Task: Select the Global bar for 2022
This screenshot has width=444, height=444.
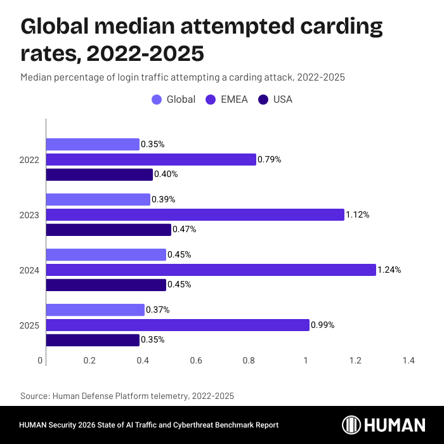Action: point(93,145)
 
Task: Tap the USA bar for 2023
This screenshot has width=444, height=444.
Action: point(108,230)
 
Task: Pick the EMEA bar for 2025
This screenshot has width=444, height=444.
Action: point(178,325)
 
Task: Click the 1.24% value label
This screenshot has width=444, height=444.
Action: point(389,270)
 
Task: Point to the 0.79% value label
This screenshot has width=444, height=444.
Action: point(270,160)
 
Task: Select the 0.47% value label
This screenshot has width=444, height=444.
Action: point(185,230)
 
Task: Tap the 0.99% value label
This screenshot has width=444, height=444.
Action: point(322,325)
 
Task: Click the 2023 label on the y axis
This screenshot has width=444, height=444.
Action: point(29,215)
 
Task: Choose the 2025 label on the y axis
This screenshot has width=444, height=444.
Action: point(29,325)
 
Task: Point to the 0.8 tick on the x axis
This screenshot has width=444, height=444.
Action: point(249,361)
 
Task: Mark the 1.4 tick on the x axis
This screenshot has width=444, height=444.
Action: point(408,361)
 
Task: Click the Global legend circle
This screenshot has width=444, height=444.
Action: point(156,100)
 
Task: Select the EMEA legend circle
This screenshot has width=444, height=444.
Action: point(210,100)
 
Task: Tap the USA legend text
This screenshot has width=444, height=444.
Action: point(283,100)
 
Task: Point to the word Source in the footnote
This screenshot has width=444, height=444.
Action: point(35,396)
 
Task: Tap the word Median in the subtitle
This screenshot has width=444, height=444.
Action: point(35,77)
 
